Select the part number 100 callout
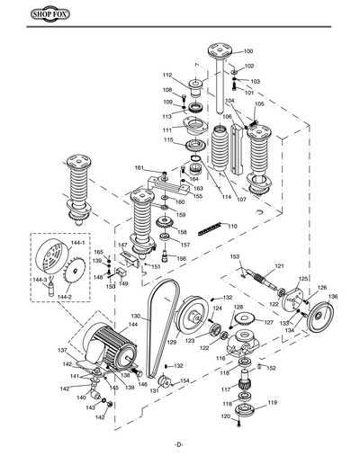pyautogui.click(x=248, y=52)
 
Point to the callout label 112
pyautogui.click(x=166, y=75)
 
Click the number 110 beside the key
pyautogui.click(x=232, y=226)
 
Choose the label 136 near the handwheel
pyautogui.click(x=333, y=296)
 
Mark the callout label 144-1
pyautogui.click(x=78, y=243)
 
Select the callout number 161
pyautogui.click(x=139, y=168)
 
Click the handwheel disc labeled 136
pyautogui.click(x=316, y=320)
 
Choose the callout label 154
pyautogui.click(x=184, y=381)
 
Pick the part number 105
pyautogui.click(x=259, y=104)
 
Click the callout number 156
pyautogui.click(x=181, y=258)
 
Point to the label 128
pyautogui.click(x=238, y=308)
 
